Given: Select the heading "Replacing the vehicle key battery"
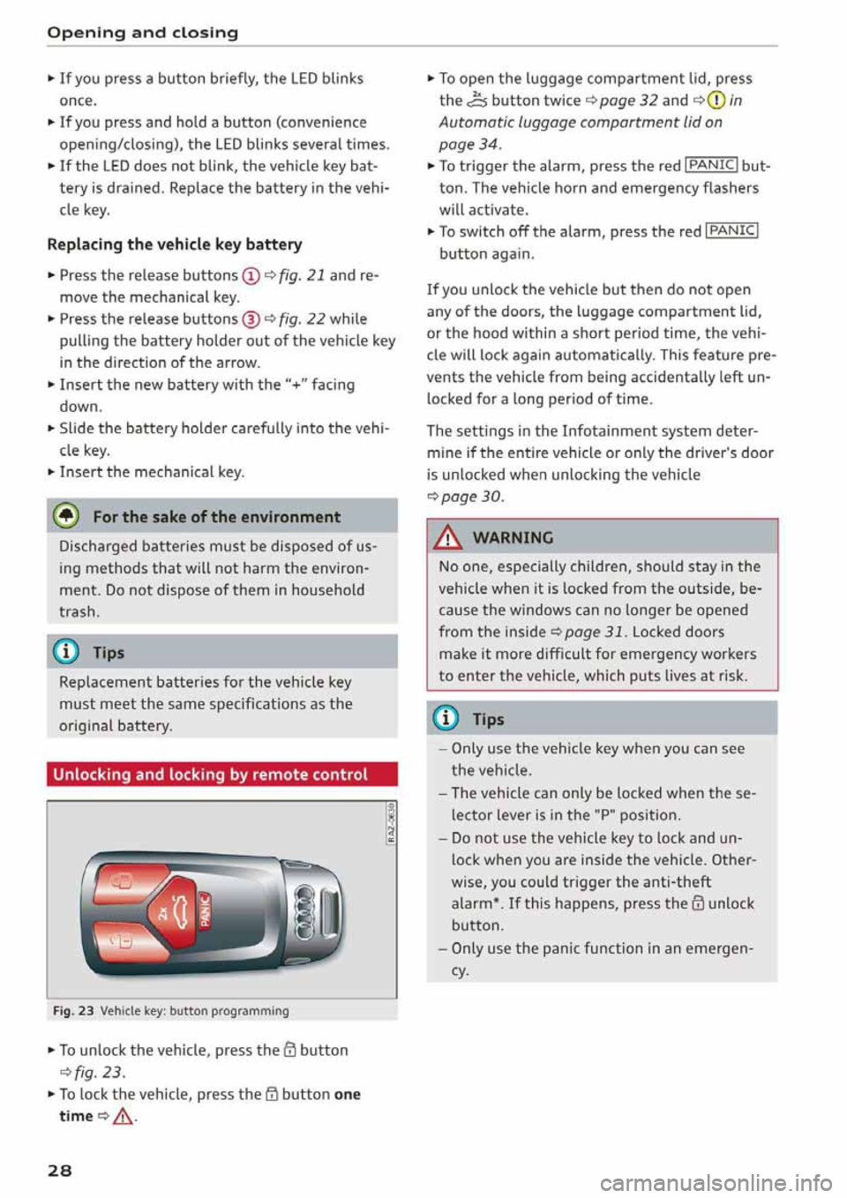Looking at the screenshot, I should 174,244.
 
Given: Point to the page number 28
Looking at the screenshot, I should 59,1171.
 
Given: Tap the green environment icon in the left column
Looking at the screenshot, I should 68,516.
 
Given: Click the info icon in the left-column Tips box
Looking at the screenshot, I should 68,652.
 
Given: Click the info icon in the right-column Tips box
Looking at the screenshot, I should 446,719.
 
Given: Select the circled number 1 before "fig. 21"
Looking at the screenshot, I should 251,276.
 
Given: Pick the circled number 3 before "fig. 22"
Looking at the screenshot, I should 251,319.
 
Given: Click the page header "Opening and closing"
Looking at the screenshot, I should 142,33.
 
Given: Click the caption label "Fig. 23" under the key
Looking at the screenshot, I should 73,1011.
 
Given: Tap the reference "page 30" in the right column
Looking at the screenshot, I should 471,497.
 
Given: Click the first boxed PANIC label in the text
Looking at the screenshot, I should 711,165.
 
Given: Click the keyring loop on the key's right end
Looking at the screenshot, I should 330,913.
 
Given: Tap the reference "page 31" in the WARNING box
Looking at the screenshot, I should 594,632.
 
